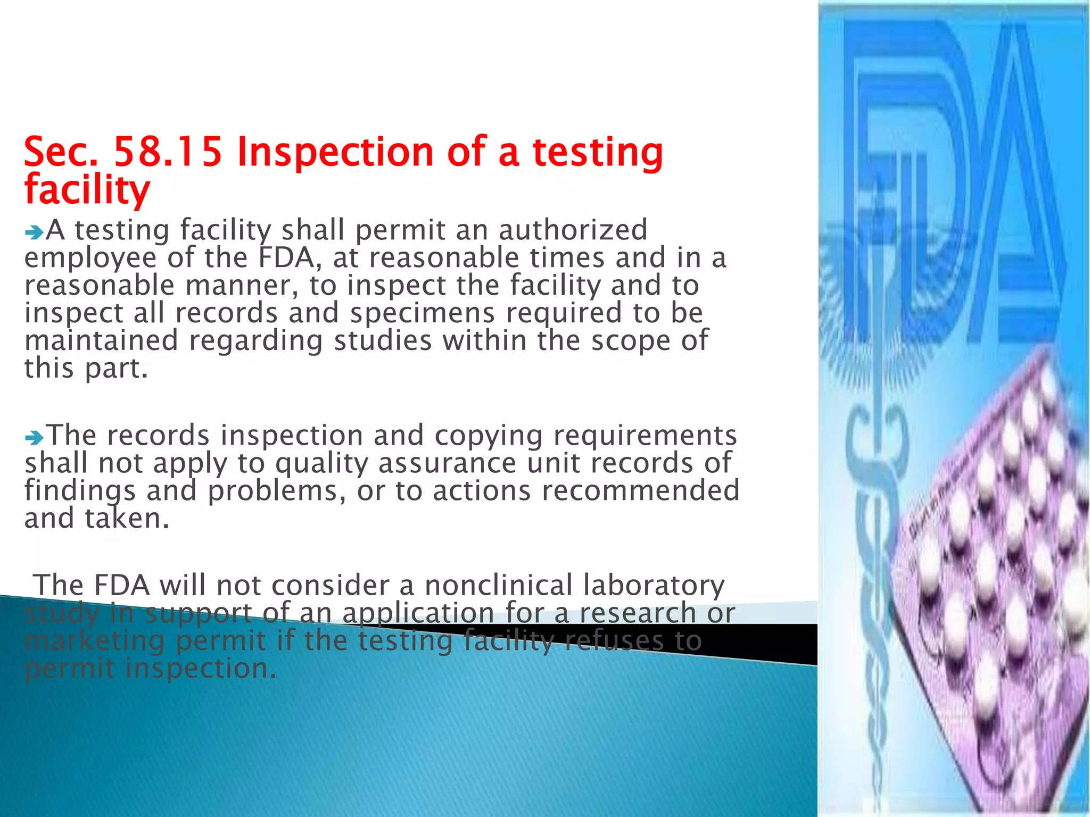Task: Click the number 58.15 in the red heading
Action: (168, 152)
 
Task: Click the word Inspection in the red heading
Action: (335, 152)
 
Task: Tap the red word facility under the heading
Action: (87, 189)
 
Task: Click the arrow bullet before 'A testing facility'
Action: (34, 232)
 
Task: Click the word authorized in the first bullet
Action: (573, 230)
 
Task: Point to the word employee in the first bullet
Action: (90, 259)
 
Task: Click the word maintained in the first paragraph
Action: (101, 340)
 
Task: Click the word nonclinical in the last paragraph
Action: (498, 586)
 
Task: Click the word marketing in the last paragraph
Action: (95, 641)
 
